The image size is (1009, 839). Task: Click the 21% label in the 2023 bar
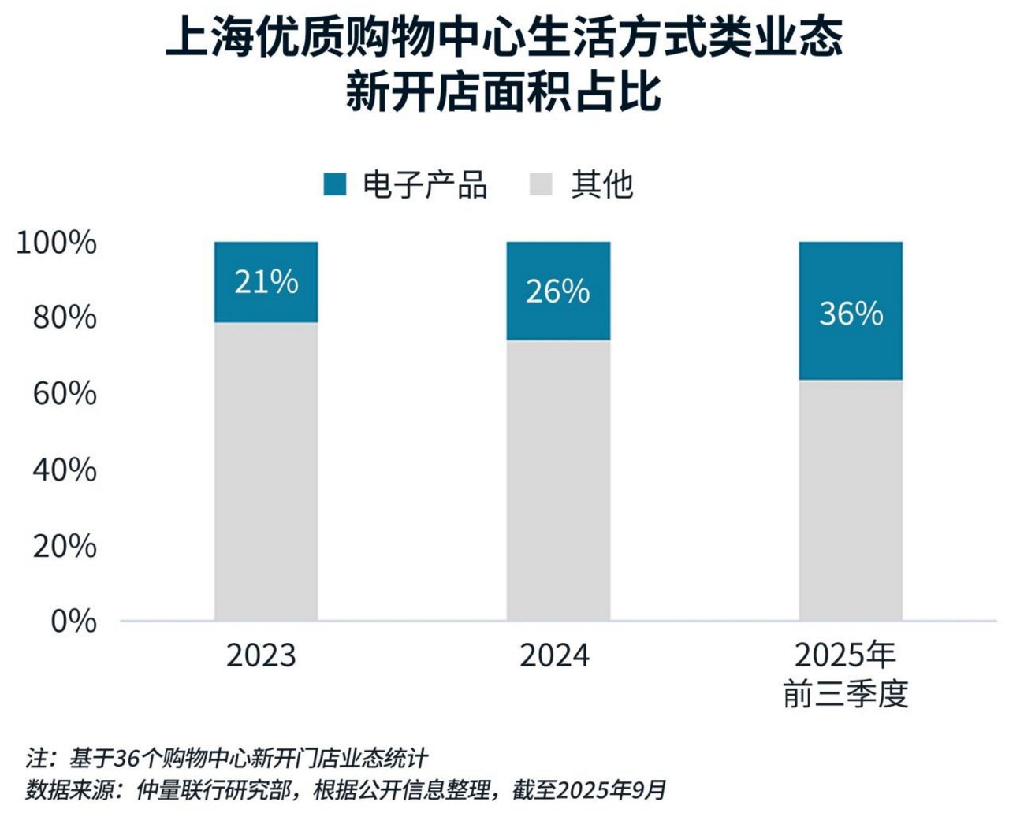[x=266, y=282]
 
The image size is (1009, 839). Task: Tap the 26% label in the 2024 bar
[x=557, y=291]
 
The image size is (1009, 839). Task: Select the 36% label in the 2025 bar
[x=851, y=314]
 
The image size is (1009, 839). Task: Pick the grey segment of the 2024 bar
[x=557, y=481]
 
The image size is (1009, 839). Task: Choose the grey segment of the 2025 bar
[x=851, y=500]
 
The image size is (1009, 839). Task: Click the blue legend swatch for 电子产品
[x=335, y=184]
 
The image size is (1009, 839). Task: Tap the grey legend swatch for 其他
[x=542, y=184]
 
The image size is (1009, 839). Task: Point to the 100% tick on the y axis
[x=57, y=243]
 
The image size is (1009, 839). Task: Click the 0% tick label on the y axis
[x=73, y=622]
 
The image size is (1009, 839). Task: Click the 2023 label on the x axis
[x=261, y=655]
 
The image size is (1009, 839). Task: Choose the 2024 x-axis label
[x=554, y=655]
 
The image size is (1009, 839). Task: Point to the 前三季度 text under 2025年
[x=846, y=694]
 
